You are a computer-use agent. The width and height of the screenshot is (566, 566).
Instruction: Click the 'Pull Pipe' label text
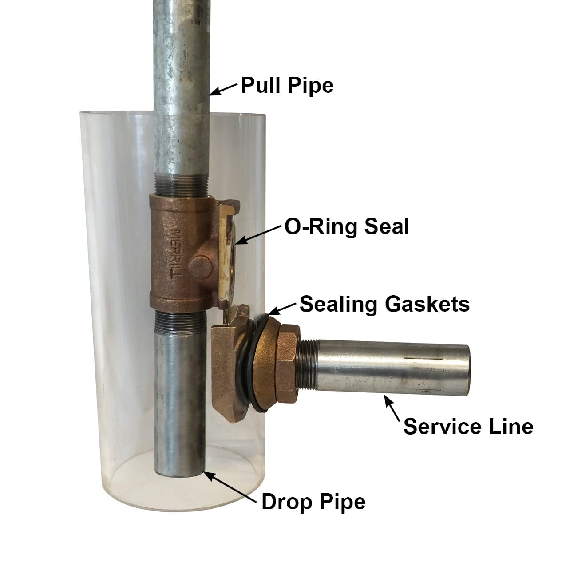click(287, 85)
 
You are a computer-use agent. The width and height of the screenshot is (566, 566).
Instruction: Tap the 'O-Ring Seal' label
click(346, 227)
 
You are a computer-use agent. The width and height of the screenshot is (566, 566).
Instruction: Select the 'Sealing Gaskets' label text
click(384, 305)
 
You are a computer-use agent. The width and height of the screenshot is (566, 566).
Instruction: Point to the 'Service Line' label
click(468, 427)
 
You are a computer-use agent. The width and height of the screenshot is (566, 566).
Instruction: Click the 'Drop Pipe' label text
click(313, 502)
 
